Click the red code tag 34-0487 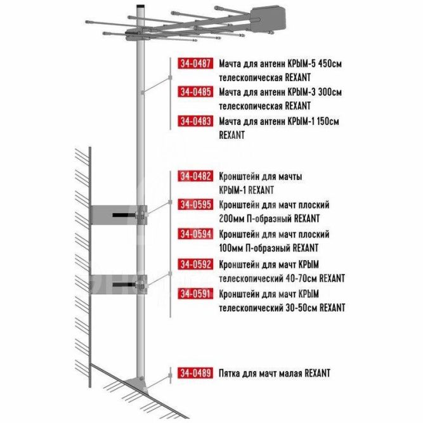195,63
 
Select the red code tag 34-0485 195,92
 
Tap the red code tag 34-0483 195,121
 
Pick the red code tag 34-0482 195,176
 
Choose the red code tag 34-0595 195,204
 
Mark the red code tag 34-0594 195,233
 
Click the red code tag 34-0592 195,264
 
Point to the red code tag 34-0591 195,294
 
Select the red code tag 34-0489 195,373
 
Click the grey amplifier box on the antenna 268,18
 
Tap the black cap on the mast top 141,6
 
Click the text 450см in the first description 330,63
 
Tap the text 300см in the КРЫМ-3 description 330,92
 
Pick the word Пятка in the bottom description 229,373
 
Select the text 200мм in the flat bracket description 231,218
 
